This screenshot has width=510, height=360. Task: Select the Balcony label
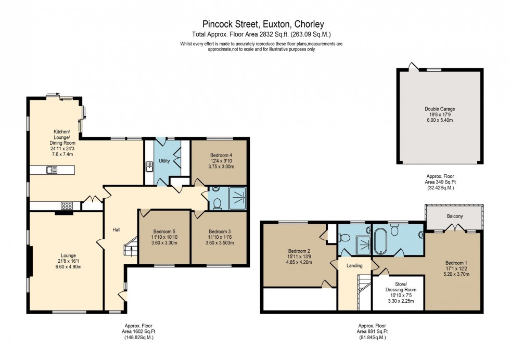455,216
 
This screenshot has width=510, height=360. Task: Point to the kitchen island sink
52,169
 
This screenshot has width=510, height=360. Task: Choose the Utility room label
164,161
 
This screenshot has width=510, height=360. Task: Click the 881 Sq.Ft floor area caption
372,331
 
